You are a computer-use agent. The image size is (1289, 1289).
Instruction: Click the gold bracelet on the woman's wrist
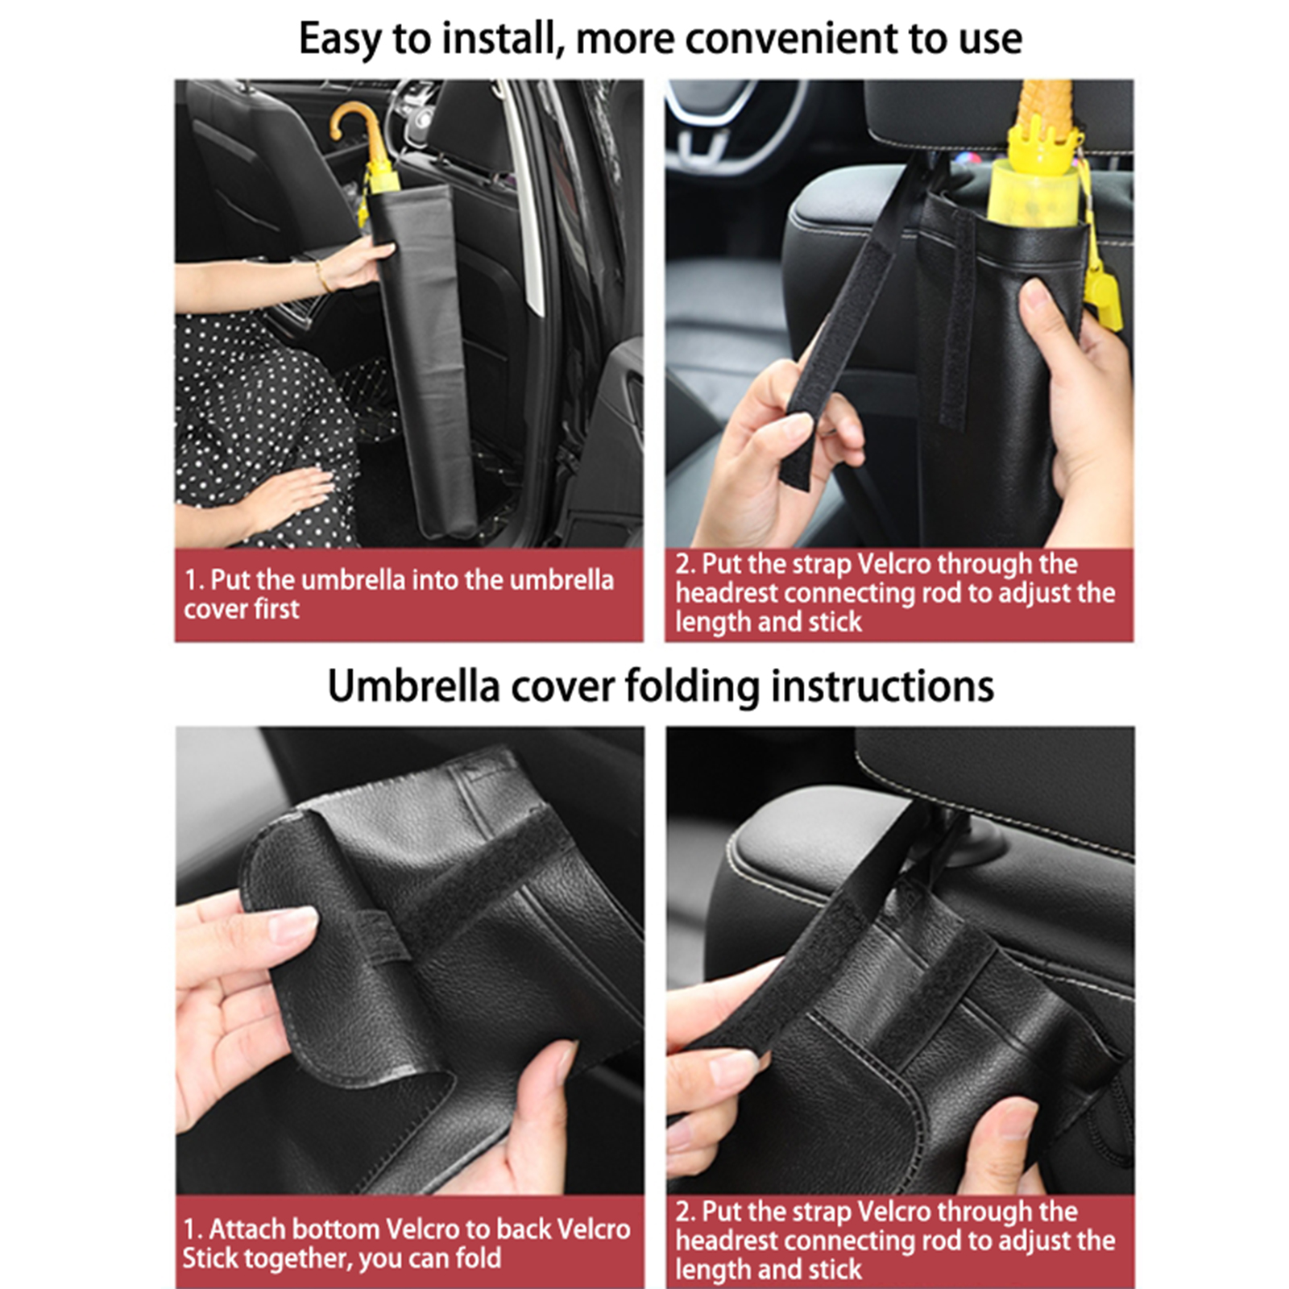coord(321,276)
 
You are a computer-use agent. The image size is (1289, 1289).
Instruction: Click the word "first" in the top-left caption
coord(276,609)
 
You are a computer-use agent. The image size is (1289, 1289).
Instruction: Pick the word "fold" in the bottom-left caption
coord(476,1258)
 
